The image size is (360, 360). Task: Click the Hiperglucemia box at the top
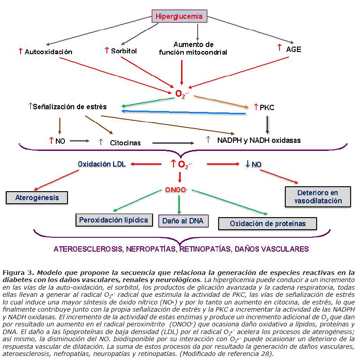coord(179,17)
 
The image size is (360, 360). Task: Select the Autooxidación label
coord(48,52)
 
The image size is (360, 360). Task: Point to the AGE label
coord(293,49)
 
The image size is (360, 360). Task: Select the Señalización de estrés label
coord(70,107)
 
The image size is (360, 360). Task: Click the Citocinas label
coord(125,143)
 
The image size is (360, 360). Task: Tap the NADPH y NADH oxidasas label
coord(258,140)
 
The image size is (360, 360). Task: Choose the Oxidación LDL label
coord(102,164)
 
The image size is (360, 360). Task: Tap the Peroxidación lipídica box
coord(113,220)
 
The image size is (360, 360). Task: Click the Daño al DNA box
coord(183,221)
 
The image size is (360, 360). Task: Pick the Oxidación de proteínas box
coord(267,223)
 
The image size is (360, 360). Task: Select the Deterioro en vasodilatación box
coord(318,197)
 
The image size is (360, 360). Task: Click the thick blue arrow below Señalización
coord(183,112)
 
